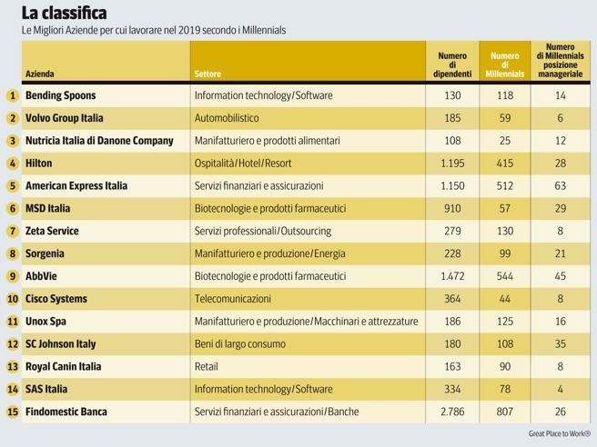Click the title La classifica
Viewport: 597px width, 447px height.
(x=64, y=13)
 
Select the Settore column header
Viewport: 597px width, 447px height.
(x=207, y=74)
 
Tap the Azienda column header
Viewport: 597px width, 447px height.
(x=40, y=74)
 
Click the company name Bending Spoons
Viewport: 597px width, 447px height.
(x=60, y=95)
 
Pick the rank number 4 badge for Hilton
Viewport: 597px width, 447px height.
(x=12, y=164)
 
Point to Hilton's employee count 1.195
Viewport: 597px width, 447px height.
(x=452, y=164)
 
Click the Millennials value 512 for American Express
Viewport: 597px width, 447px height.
(x=505, y=186)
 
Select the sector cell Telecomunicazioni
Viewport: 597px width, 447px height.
(x=233, y=299)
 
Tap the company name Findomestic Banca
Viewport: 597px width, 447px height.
(x=66, y=412)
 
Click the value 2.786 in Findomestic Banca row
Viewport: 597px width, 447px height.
(x=452, y=412)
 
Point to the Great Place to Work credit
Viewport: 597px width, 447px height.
(x=559, y=433)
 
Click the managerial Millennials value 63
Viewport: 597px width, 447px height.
(x=560, y=186)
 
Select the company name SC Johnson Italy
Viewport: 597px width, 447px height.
(x=60, y=344)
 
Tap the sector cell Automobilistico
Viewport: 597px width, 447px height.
(x=227, y=118)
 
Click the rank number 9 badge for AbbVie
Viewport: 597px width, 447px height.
(x=12, y=276)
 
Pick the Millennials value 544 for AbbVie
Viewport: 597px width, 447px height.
(x=505, y=276)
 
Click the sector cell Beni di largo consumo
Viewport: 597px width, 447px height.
(x=239, y=344)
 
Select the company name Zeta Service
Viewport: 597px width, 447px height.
(x=52, y=232)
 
